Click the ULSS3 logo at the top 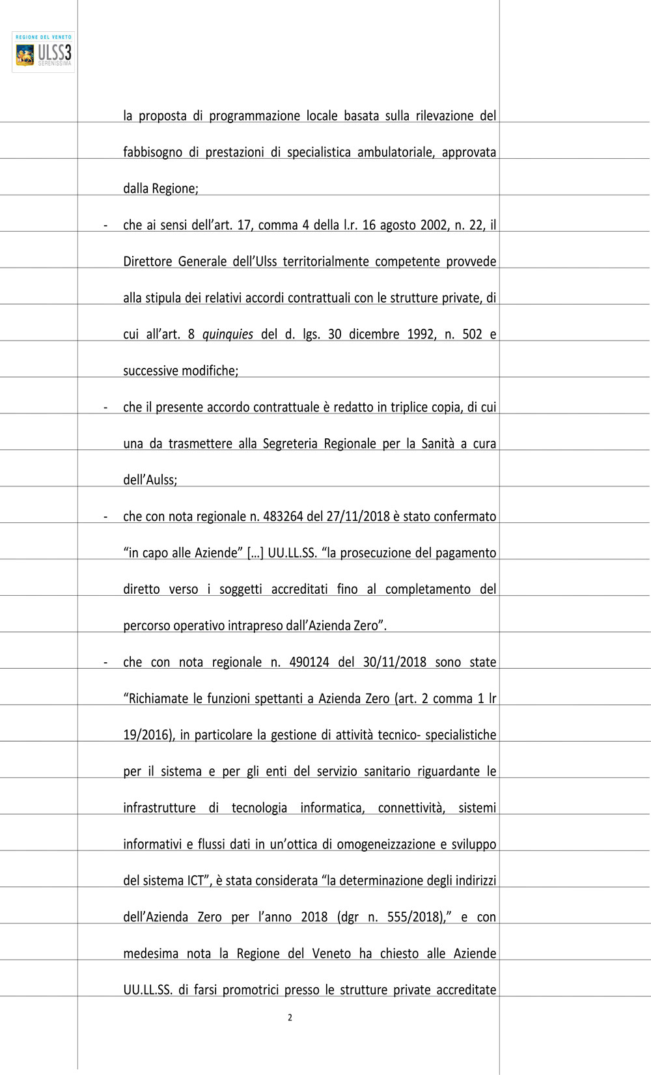[x=43, y=52]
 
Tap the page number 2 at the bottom [x=290, y=1018]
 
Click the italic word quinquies [x=228, y=335]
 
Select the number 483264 [x=283, y=516]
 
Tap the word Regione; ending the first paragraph [x=175, y=189]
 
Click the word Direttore [x=148, y=262]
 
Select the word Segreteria [x=290, y=444]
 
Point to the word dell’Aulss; [x=150, y=481]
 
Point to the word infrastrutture [x=159, y=808]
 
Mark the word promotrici [x=251, y=990]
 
